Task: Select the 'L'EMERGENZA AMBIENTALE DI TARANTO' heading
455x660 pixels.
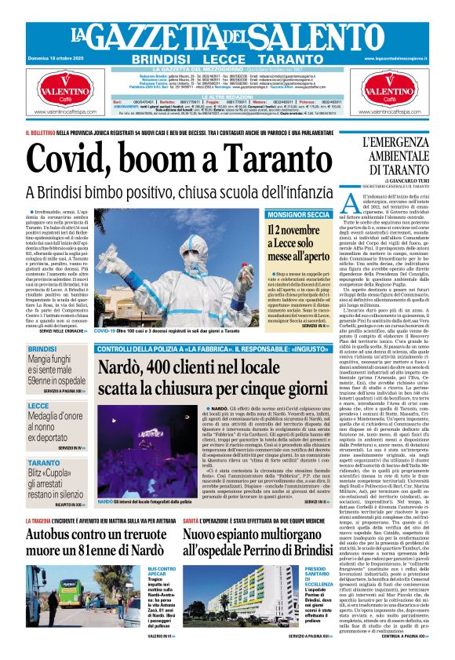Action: pos(397,155)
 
